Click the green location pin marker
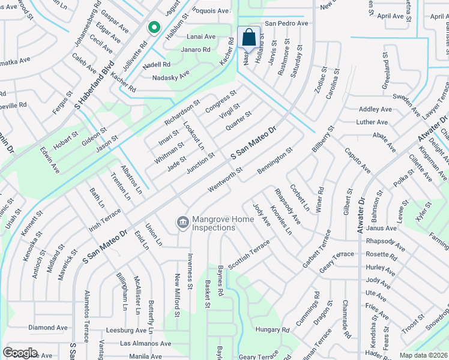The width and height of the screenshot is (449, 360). pos(154,28)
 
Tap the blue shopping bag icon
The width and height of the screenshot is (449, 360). pos(249,38)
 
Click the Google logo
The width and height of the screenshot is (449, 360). pos(20,353)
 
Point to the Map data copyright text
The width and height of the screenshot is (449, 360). pos(424,355)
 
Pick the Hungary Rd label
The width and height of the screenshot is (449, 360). pos(272,330)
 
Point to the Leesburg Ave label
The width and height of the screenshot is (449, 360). pos(126,330)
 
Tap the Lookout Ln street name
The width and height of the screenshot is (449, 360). pos(194,136)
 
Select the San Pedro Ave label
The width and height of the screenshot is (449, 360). pos(286,23)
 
